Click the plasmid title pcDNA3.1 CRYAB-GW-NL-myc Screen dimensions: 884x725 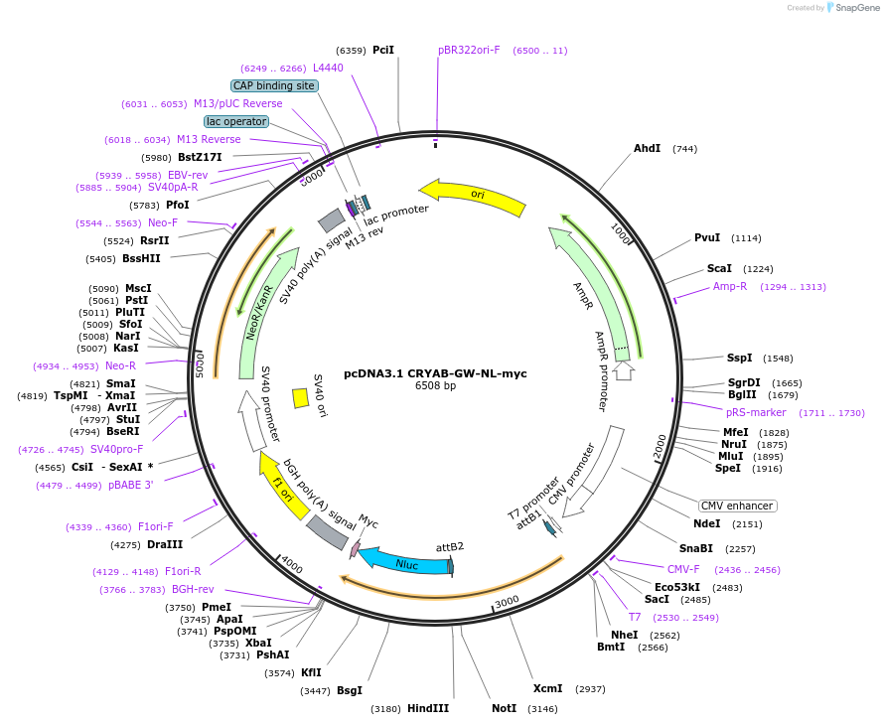pos(435,373)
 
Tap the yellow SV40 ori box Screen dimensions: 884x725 pos(301,398)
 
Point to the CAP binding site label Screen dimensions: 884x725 pos(274,85)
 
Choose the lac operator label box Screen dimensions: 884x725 pos(236,122)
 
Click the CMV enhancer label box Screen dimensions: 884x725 pos(737,507)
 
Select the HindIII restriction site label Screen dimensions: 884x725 pos(428,708)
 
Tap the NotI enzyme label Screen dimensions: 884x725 pos(504,708)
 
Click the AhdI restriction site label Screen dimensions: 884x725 pos(647,148)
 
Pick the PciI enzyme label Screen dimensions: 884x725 pos(383,51)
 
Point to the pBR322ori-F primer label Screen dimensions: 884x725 pos(469,51)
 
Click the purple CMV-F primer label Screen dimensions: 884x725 pos(683,569)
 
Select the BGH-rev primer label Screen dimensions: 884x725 pos(193,589)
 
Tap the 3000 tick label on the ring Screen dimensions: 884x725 pos(507,602)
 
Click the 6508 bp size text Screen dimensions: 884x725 pos(435,385)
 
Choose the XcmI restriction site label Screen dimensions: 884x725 pos(548,688)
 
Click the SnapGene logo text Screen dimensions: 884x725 pos(857,8)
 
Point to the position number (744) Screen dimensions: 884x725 pos(685,149)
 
